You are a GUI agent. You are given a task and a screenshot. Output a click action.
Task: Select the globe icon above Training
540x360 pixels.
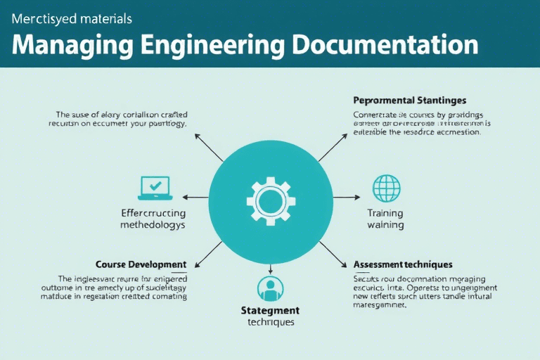coord(386,188)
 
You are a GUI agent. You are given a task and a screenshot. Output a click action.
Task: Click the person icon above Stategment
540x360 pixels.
coord(270,289)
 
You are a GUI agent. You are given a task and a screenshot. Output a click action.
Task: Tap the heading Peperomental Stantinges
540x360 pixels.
coord(409,101)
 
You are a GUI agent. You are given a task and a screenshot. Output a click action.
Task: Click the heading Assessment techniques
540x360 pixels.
coord(402,264)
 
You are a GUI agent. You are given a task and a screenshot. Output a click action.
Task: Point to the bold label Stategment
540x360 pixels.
coord(270,310)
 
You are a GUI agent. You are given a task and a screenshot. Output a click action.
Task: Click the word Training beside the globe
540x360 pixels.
coord(385,212)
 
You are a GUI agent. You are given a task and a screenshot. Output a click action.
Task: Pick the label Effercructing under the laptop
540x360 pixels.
coord(153,212)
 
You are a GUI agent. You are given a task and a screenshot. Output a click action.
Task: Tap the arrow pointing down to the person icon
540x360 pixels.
coord(270,268)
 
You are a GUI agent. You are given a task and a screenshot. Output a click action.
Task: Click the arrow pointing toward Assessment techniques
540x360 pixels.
coord(333,255)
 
